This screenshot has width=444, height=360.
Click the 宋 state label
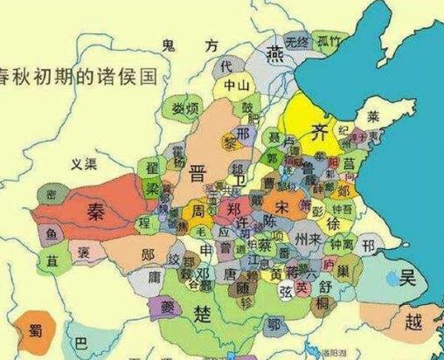click(283, 207)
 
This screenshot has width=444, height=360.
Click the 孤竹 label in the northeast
click(329, 42)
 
